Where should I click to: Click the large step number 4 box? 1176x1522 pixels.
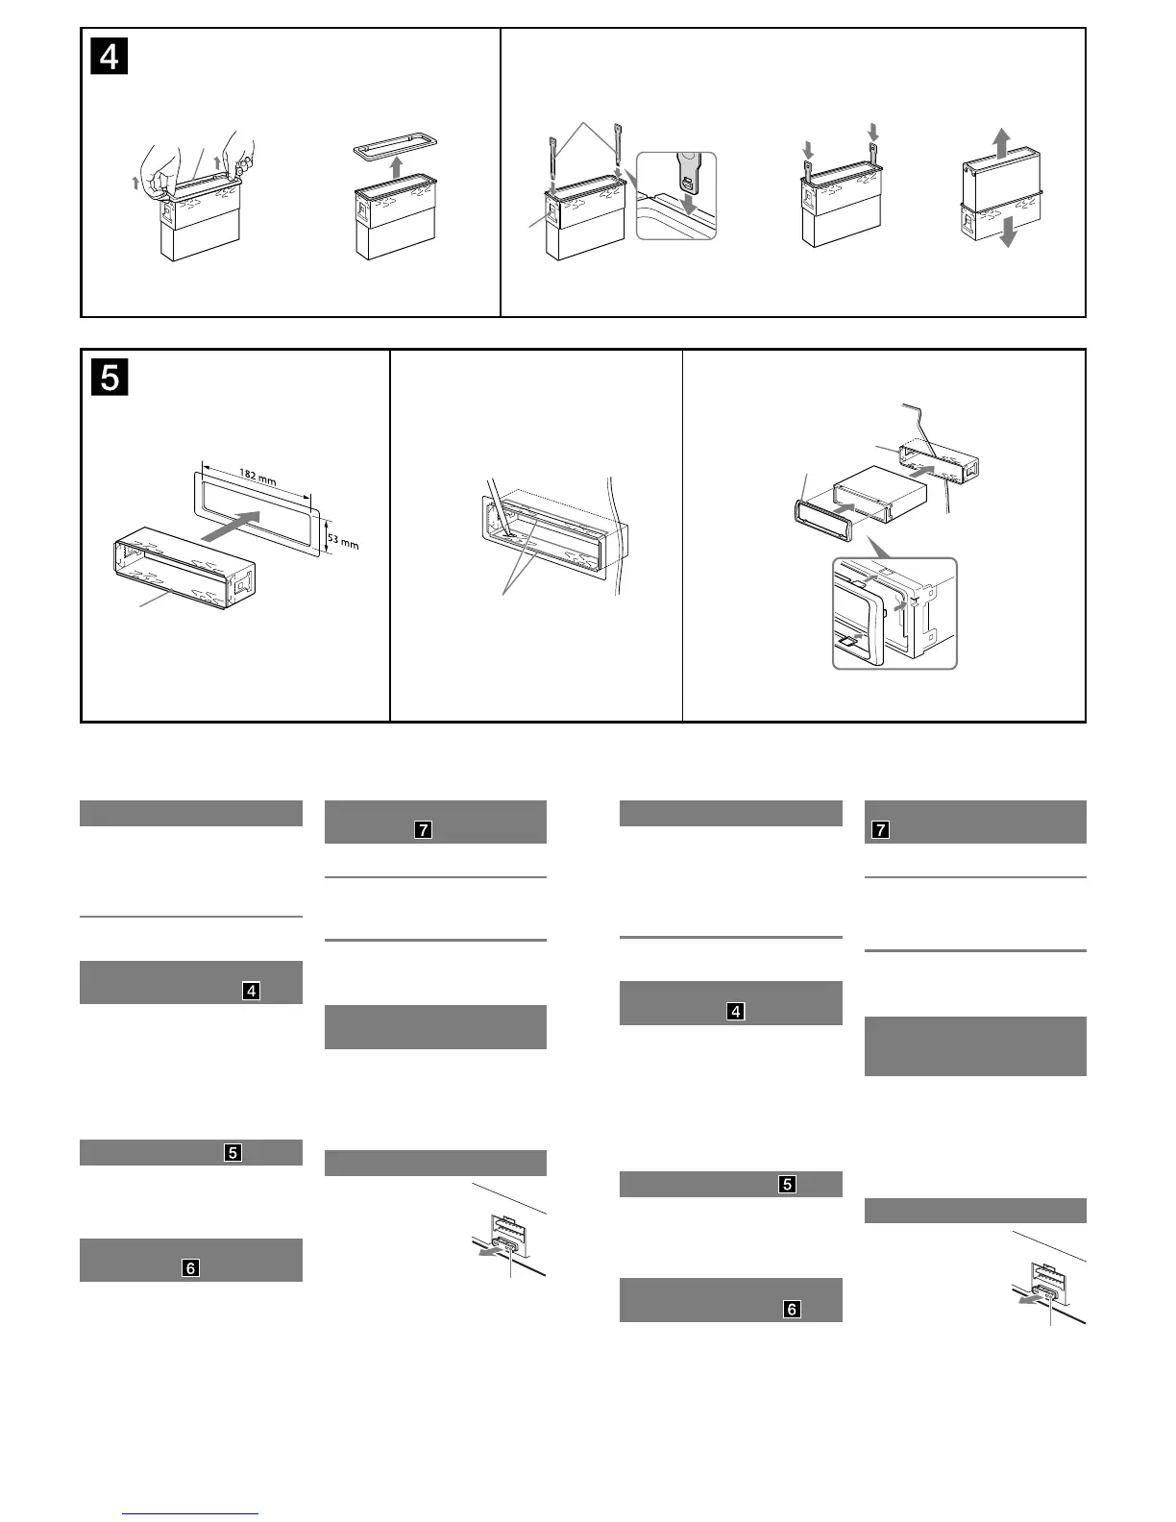click(x=110, y=58)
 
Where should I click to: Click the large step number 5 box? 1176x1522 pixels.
click(x=110, y=378)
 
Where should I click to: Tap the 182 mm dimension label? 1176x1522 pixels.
click(x=255, y=478)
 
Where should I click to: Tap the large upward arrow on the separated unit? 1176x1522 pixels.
click(x=1001, y=143)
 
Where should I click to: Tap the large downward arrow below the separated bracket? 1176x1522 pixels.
click(x=1008, y=232)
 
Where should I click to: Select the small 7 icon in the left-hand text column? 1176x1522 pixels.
click(x=423, y=829)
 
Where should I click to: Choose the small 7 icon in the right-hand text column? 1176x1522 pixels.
click(x=879, y=829)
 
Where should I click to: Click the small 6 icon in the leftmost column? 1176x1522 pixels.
click(x=190, y=1267)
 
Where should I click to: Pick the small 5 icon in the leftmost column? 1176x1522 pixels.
click(x=233, y=1152)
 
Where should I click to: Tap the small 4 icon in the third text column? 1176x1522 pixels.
click(x=736, y=1011)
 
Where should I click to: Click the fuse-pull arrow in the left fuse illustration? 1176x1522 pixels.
click(x=490, y=1253)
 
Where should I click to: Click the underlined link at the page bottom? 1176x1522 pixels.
click(x=191, y=1513)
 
